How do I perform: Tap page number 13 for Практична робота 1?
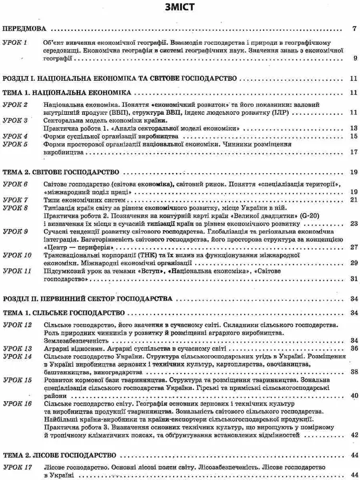coord(354,128)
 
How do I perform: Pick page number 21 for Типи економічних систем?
coord(354,200)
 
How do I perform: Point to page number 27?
coord(354,247)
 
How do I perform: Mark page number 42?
coord(354,435)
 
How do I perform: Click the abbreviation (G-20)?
coord(299,216)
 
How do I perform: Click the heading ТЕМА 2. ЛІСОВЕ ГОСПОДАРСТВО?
coord(60,454)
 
